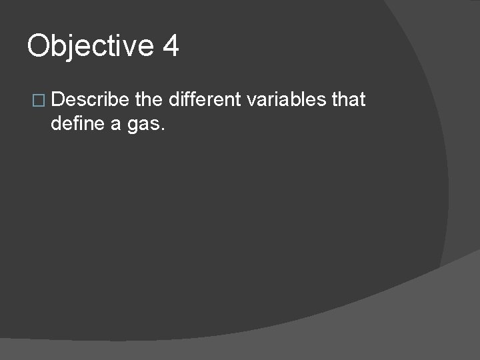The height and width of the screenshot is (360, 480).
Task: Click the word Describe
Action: click(x=90, y=100)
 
